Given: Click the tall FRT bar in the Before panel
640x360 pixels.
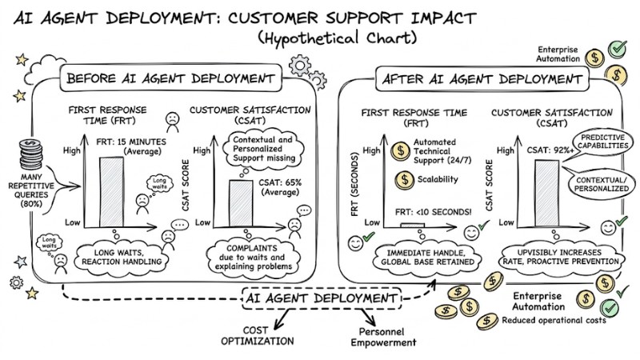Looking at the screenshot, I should pos(111,190).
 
